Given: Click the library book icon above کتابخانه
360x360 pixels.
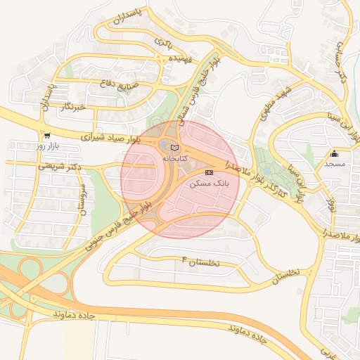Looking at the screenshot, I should click(174, 148).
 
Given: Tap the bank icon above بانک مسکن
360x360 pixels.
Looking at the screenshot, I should click(209, 172).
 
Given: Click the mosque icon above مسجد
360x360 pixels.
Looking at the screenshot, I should click(334, 154).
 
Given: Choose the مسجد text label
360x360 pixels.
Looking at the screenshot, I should click(335, 164).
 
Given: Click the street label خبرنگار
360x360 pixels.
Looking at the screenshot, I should click(72, 106).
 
